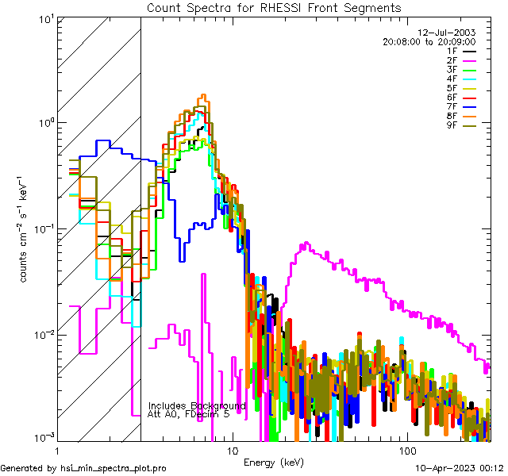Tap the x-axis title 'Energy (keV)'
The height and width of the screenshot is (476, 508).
pos(274,462)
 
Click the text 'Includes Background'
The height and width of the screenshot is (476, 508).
pos(197,405)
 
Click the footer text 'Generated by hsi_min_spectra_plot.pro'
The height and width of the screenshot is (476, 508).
pos(83,469)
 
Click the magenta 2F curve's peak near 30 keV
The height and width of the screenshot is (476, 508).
pos(303,244)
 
